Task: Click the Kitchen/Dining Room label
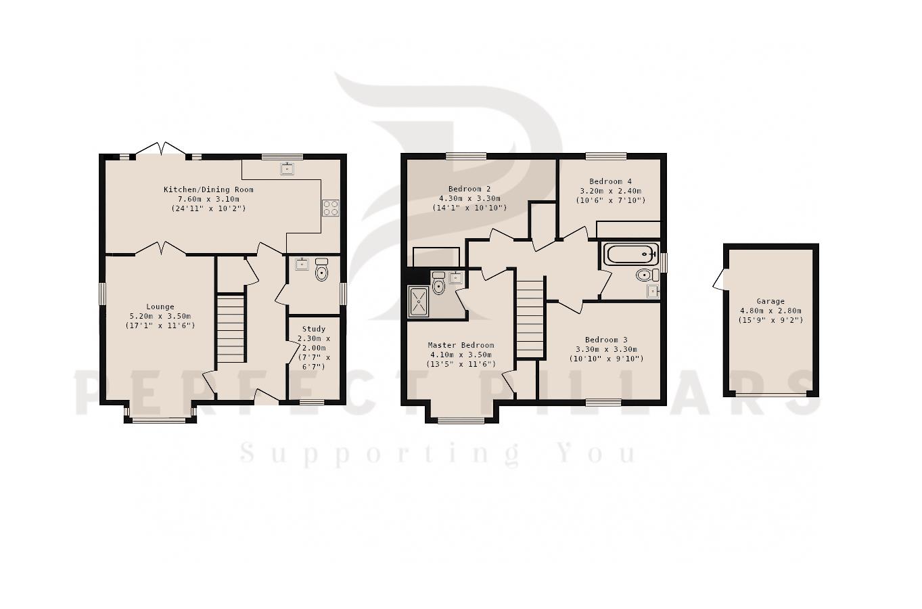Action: coord(208,189)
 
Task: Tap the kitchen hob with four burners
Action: coord(331,208)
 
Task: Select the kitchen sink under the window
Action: coord(287,168)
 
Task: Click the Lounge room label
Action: coord(160,307)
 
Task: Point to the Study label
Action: coord(314,329)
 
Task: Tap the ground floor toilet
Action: coord(321,270)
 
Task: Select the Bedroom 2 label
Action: coord(469,189)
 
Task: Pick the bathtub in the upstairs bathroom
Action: coord(630,254)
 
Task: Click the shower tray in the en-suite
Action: coord(419,302)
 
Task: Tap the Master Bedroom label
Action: coord(461,345)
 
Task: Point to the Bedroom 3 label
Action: coord(606,340)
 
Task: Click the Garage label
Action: coord(770,301)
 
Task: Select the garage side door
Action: coord(720,279)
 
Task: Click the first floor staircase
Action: coord(530,319)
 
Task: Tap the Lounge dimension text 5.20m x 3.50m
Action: coord(160,316)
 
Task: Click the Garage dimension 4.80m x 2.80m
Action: coord(770,311)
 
